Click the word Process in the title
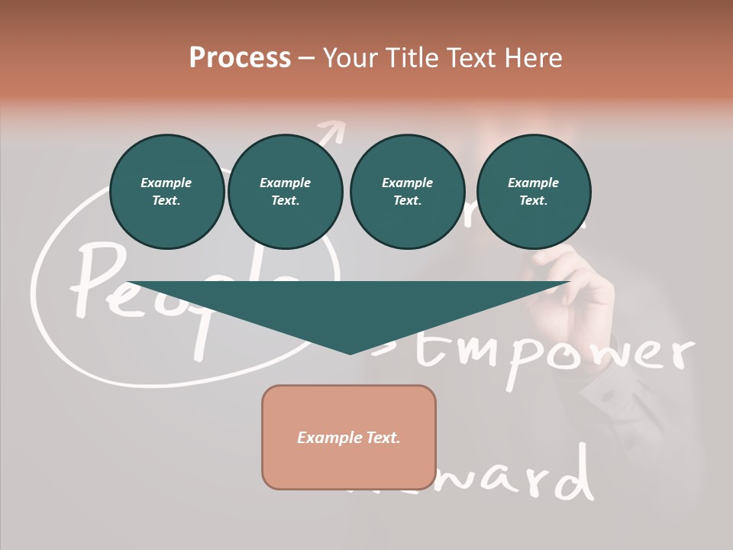240,58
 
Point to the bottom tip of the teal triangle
350,352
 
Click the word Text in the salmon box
382,438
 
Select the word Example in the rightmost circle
533,183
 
